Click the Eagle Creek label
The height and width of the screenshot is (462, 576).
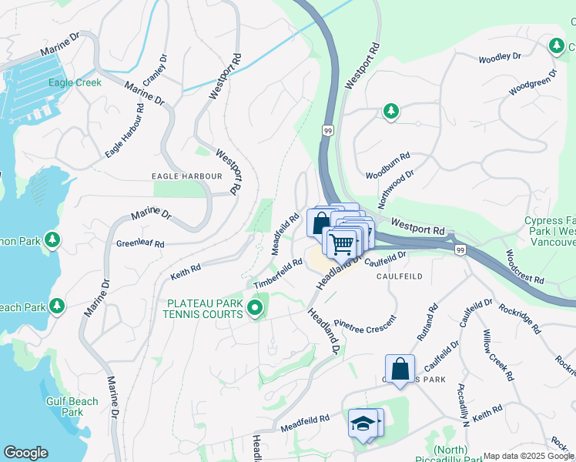(75, 83)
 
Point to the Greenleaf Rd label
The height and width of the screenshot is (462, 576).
(140, 244)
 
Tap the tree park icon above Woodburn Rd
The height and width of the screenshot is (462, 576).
(391, 112)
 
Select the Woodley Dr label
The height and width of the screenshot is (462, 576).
(500, 57)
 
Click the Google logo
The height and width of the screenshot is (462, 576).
(25, 453)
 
